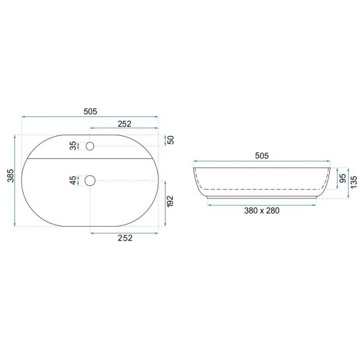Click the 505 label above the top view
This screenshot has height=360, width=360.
90,112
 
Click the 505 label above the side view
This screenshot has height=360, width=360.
261,156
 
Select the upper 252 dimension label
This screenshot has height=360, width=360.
124,124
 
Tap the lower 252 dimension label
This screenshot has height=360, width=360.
125,238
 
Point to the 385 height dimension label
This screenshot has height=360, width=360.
11,175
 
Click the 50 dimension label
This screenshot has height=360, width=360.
171,140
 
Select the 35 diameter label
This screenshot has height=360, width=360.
73,146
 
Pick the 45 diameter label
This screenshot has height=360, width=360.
73,181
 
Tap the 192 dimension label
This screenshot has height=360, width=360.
170,202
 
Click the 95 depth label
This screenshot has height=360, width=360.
342,179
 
